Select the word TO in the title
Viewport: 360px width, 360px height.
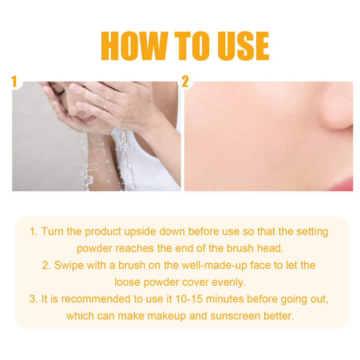(x=188, y=46)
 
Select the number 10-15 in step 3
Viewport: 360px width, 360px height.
(x=191, y=299)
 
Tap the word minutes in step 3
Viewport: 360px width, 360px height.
(x=225, y=299)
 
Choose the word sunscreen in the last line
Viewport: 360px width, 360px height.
(x=230, y=316)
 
